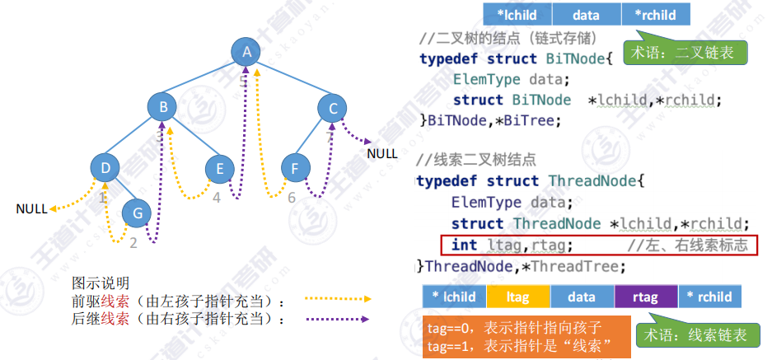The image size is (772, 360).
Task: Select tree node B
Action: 163,106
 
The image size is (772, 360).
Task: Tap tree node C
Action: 333,108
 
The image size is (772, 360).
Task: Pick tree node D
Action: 105,168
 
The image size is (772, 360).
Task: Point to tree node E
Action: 220,169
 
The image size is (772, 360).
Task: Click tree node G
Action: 138,213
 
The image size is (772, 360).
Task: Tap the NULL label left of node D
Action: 31,209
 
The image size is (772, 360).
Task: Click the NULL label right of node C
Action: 382,152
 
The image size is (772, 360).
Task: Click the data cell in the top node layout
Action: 586,14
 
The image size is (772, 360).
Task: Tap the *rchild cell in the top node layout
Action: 655,14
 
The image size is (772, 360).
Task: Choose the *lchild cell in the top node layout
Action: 517,14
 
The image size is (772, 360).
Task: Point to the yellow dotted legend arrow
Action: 337,299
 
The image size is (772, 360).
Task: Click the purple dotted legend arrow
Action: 337,318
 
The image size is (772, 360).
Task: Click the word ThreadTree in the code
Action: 584,266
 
